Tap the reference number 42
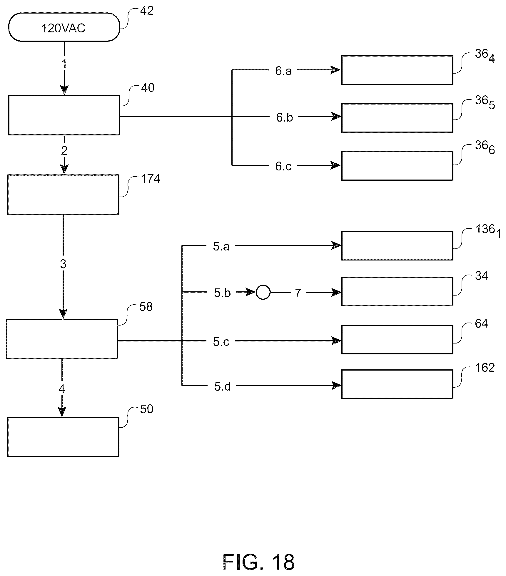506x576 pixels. coord(147,11)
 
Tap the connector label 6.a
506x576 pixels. coord(283,71)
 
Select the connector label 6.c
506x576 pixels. coord(283,166)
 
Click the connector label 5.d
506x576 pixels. coord(222,386)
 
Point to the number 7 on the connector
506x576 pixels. coord(298,293)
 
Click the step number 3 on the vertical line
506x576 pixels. coord(63,264)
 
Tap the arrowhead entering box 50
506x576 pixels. coord(62,412)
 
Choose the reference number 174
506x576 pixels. coord(151,179)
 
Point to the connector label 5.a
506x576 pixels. coord(221,247)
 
